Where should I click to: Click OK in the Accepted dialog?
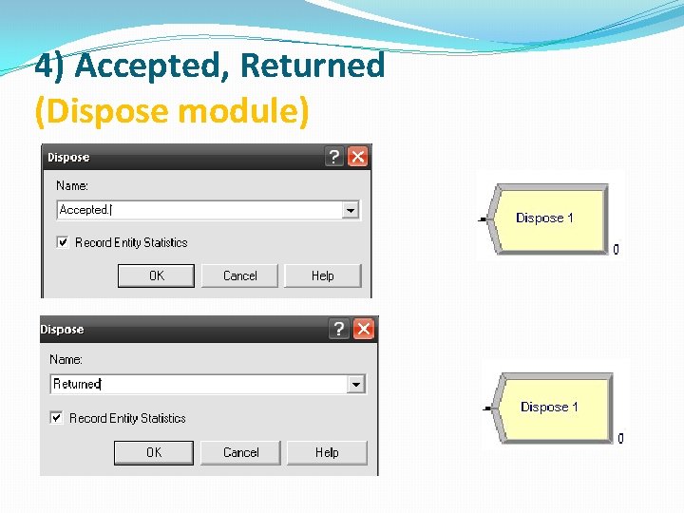tap(156, 275)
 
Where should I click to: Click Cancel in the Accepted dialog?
tap(239, 275)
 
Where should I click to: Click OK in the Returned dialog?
tap(153, 452)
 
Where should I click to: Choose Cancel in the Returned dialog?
tap(240, 452)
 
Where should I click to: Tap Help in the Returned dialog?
tap(326, 452)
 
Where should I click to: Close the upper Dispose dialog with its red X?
tap(358, 157)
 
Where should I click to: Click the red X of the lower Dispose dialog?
tap(364, 329)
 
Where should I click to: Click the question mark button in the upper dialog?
tap(334, 157)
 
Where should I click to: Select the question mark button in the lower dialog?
tap(339, 329)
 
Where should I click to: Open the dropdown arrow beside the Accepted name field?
tap(351, 210)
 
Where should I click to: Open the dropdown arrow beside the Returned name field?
tap(355, 384)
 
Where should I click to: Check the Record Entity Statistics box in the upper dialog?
tap(63, 242)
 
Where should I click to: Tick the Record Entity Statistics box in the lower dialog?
tap(57, 417)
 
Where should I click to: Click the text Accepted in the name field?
tap(84, 210)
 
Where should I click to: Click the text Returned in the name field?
tap(76, 384)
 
